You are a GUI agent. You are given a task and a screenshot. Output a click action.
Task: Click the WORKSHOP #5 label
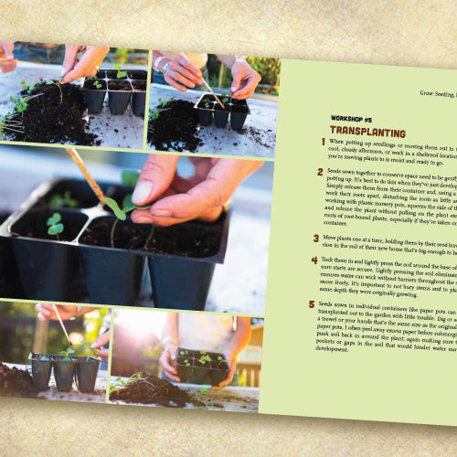click(353, 119)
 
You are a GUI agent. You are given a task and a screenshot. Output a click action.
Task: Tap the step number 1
click(321, 144)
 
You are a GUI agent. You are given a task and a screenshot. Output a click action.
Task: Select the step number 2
click(320, 173)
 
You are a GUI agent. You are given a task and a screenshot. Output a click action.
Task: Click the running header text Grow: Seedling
click(425, 94)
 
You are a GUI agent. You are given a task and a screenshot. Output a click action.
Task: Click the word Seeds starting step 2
click(338, 172)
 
